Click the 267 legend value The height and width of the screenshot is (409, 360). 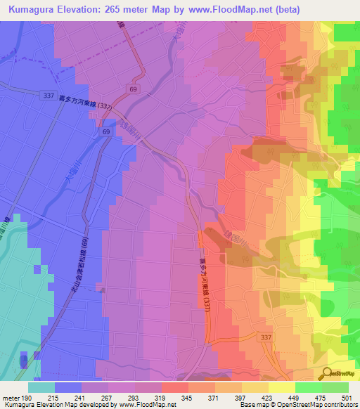[108, 397]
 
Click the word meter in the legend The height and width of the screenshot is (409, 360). [10, 397]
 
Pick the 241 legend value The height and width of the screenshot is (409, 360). [82, 397]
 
